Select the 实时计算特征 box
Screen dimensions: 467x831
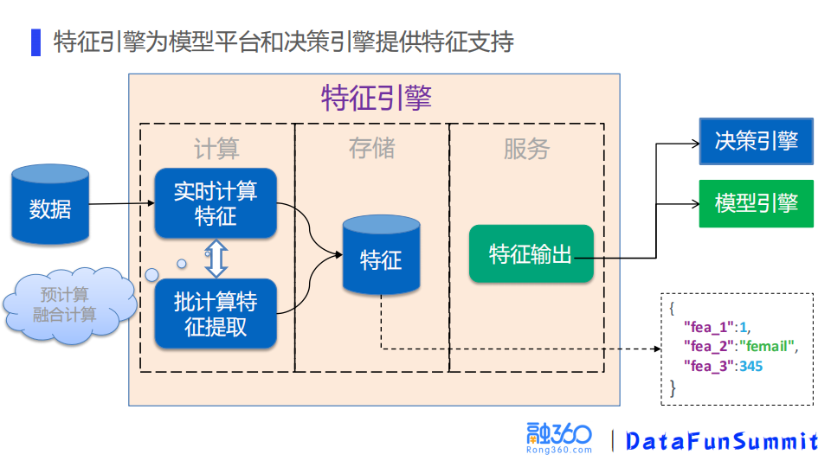click(216, 203)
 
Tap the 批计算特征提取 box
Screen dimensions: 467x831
click(216, 314)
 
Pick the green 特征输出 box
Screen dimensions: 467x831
click(531, 254)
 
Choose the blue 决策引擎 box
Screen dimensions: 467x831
click(756, 141)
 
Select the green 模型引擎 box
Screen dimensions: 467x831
click(756, 203)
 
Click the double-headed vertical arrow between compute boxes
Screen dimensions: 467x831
click(216, 258)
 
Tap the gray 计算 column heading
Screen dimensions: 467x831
click(216, 149)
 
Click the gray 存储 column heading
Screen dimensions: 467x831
click(372, 149)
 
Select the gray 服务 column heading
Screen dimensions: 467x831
click(526, 149)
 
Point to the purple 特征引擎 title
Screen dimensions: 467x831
click(376, 99)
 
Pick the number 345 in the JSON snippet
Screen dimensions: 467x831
click(750, 367)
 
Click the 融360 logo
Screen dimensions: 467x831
click(558, 438)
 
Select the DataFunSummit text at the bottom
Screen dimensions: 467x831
click(721, 441)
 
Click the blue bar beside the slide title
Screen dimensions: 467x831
click(35, 42)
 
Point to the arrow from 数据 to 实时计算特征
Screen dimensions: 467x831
click(121, 205)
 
